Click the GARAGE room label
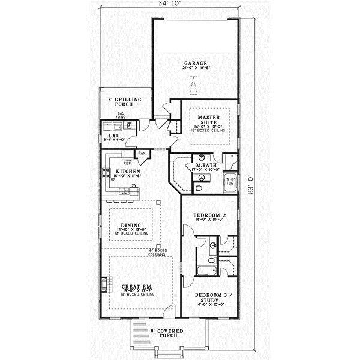point(196,63)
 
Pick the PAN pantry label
point(142,154)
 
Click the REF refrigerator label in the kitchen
point(127,163)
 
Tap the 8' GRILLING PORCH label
point(124,102)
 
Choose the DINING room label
point(130,225)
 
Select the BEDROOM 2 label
point(209,215)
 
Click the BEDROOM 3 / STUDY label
point(209,298)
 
